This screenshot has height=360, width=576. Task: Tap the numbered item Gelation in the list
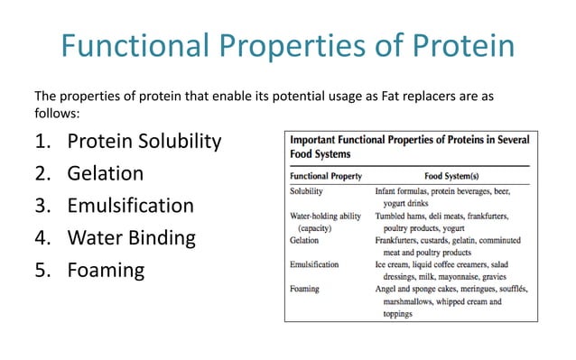pos(106,173)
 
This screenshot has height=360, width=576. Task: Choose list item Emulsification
pos(130,206)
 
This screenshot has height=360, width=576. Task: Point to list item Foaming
pos(106,271)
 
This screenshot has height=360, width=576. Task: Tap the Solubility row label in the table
pos(310,192)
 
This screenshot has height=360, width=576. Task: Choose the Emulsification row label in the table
pos(315,265)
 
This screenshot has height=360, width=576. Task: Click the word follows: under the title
pos(57,115)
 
